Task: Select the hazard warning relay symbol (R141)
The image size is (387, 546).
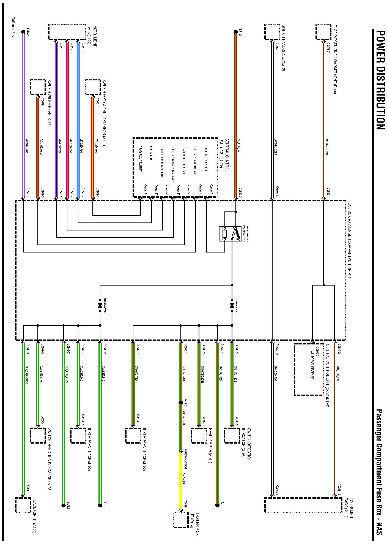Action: [230, 234]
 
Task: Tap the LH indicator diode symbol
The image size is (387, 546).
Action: [232, 306]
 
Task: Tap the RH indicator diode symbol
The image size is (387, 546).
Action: [100, 306]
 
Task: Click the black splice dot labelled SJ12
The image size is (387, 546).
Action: [235, 32]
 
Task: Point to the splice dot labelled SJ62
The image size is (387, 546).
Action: [23, 32]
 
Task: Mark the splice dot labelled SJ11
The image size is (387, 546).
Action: [217, 505]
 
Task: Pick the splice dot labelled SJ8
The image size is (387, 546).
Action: [100, 505]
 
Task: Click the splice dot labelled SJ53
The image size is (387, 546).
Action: [64, 505]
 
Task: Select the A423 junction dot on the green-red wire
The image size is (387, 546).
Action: [181, 402]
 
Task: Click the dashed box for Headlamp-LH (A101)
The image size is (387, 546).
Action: [199, 436]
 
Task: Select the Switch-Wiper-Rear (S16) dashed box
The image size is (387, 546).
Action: [38, 87]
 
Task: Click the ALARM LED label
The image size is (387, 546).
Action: [151, 153]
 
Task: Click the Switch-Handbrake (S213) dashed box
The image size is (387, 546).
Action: [272, 32]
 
